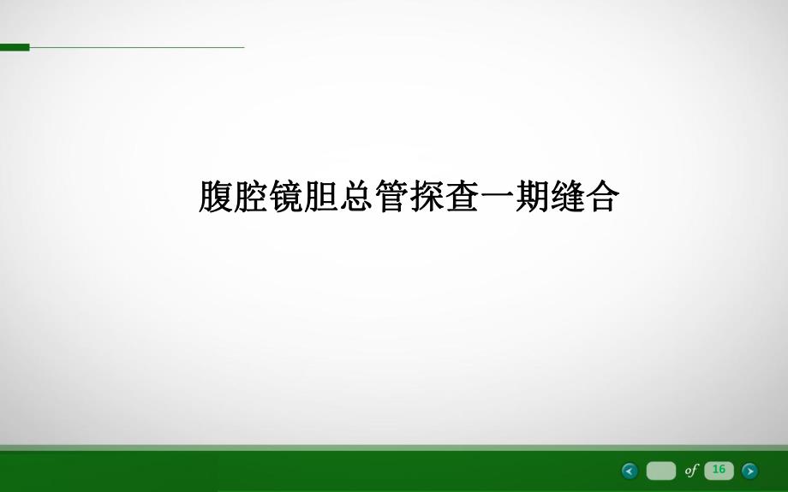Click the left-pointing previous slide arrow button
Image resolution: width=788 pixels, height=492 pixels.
click(x=630, y=470)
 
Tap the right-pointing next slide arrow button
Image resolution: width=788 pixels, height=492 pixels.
click(x=749, y=470)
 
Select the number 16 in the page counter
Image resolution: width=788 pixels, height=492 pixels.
click(x=719, y=469)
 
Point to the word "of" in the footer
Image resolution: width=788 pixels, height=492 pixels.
click(x=690, y=470)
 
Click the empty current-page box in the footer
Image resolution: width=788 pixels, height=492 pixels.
click(x=660, y=470)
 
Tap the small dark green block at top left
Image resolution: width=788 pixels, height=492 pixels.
click(x=14, y=47)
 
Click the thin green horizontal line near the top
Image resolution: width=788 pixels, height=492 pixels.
click(x=137, y=47)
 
